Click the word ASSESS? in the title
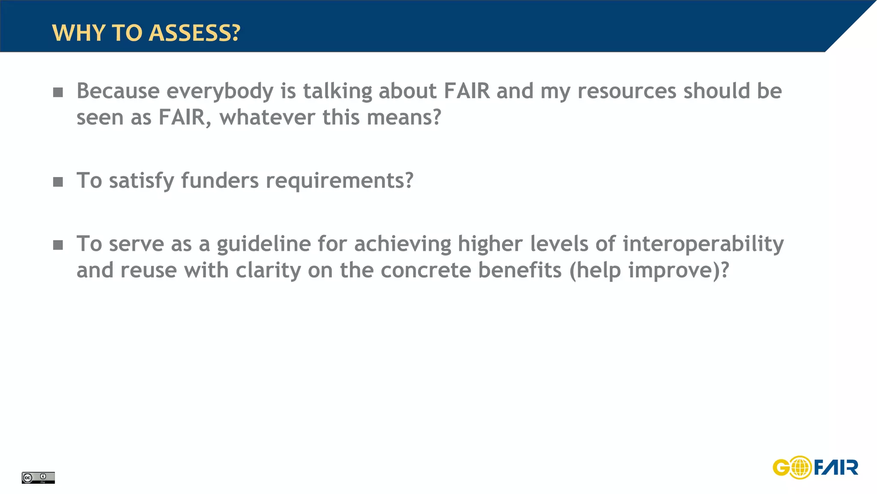tap(194, 33)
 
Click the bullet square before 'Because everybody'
tap(58, 92)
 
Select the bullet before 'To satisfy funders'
tap(58, 182)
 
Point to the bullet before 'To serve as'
tap(58, 245)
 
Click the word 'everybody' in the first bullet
tap(220, 91)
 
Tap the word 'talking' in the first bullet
tap(337, 91)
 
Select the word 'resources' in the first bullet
tap(627, 91)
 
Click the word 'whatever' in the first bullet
tap(267, 117)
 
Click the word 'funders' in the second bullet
tap(220, 181)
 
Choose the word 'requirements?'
tap(340, 181)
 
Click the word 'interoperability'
tap(703, 244)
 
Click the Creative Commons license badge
tap(38, 477)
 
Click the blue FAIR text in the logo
tap(835, 467)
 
